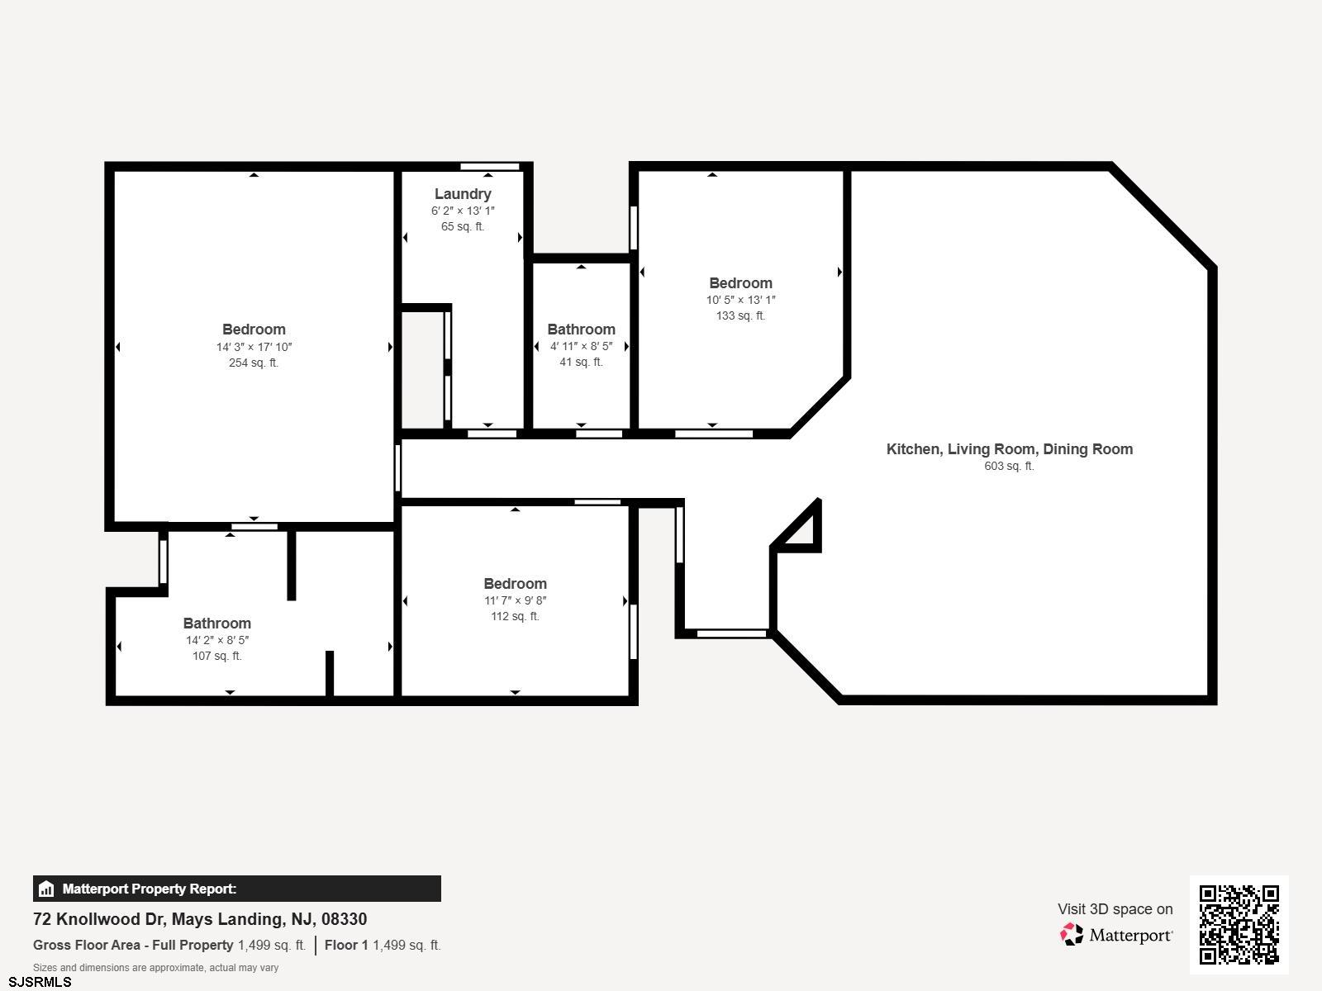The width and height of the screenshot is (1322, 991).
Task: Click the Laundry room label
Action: tap(463, 194)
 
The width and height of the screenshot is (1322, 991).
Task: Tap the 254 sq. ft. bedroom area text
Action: tap(254, 363)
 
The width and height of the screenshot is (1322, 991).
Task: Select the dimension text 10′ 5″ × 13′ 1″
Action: tap(741, 300)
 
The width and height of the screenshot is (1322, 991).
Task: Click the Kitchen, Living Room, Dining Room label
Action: tap(1010, 449)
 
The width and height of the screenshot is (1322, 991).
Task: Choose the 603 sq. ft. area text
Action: tap(1010, 466)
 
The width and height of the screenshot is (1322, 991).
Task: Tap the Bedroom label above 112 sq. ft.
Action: tap(515, 584)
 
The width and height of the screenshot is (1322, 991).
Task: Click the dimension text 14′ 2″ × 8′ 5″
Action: tap(217, 640)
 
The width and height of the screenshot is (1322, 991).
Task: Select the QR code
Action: tap(1239, 925)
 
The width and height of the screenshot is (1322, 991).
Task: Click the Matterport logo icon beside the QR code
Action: tap(1072, 935)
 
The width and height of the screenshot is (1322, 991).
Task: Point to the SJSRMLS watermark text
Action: tap(40, 983)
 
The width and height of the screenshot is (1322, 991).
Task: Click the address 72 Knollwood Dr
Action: tap(99, 919)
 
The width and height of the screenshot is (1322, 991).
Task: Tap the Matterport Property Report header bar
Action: tap(236, 889)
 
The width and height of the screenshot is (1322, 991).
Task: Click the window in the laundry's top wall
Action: tap(490, 166)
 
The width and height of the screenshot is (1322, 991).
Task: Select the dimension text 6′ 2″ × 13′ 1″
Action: tap(463, 211)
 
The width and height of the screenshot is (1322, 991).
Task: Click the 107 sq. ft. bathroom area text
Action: tap(217, 656)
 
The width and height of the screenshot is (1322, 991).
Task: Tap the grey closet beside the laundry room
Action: tap(422, 369)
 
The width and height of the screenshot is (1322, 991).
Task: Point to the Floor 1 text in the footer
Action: tap(346, 945)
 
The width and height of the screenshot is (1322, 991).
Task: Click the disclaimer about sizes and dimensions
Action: tap(155, 968)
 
